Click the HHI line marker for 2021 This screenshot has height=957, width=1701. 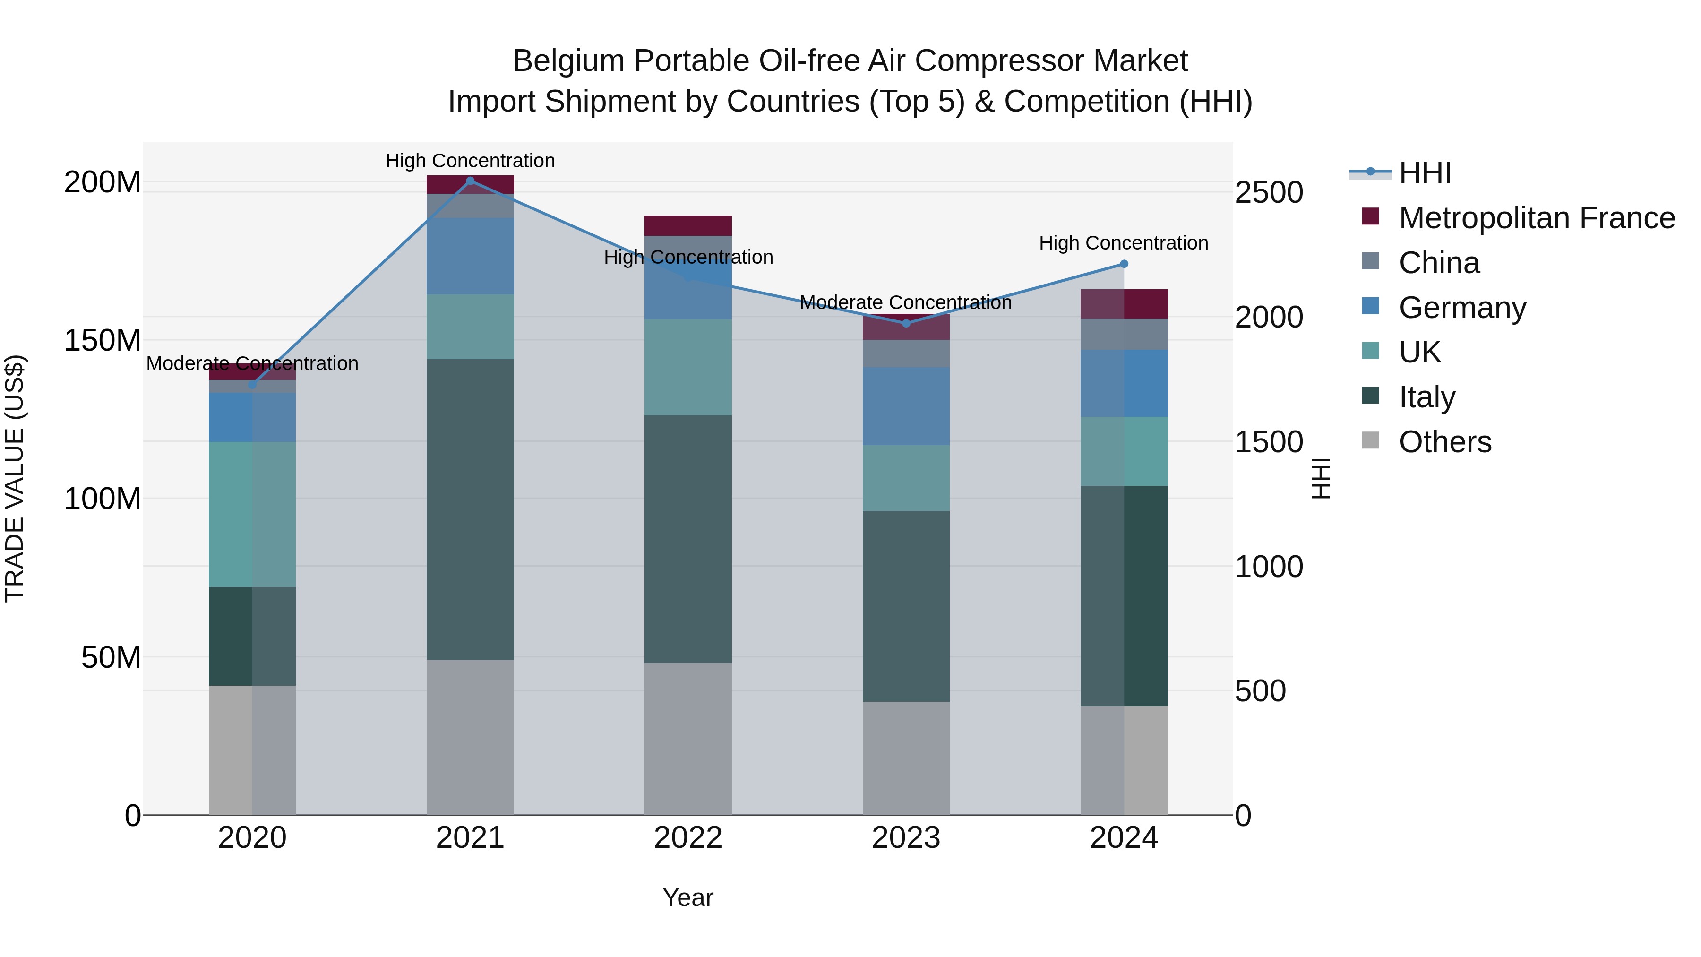[470, 181]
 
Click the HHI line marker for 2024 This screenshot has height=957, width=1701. [1124, 264]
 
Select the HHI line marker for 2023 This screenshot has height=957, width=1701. [906, 323]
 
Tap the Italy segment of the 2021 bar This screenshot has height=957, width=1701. [470, 509]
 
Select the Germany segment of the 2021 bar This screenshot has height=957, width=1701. [470, 256]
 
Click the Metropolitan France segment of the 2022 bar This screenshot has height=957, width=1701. [688, 225]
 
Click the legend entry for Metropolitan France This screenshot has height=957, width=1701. [1536, 218]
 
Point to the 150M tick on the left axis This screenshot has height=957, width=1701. [103, 340]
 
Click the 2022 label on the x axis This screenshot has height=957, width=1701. [688, 838]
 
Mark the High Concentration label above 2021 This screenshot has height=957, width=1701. [470, 161]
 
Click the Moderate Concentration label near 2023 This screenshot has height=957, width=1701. [905, 302]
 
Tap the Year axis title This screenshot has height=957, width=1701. [687, 897]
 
